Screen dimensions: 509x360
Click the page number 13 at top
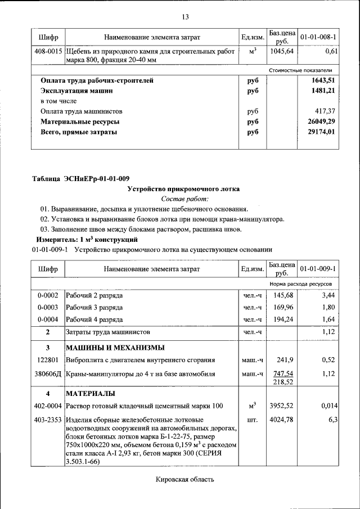click(x=185, y=16)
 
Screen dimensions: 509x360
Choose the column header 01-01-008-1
click(x=318, y=37)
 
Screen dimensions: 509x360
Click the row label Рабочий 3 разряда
click(x=94, y=307)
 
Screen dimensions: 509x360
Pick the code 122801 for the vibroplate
click(x=48, y=360)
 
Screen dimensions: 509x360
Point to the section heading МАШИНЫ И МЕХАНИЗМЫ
click(x=115, y=347)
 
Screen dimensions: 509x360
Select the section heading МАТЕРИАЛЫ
click(x=91, y=393)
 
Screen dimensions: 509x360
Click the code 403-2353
click(x=48, y=420)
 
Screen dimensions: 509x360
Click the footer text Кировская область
click(x=185, y=479)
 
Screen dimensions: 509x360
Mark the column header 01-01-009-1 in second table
click(x=318, y=269)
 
